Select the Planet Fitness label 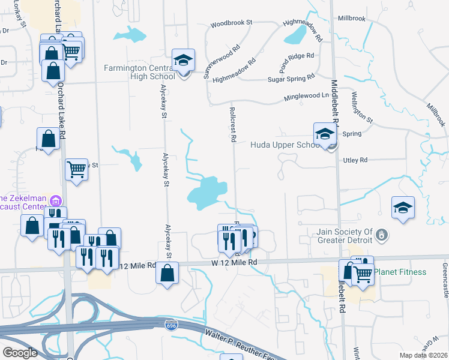(400, 272)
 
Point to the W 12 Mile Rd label (234, 262)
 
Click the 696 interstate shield (170, 325)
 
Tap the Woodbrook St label (231, 25)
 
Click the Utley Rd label (355, 160)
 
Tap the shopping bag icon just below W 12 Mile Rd (167, 274)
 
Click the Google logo (20, 352)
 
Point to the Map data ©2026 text (424, 355)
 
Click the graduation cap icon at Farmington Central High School (183, 60)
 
